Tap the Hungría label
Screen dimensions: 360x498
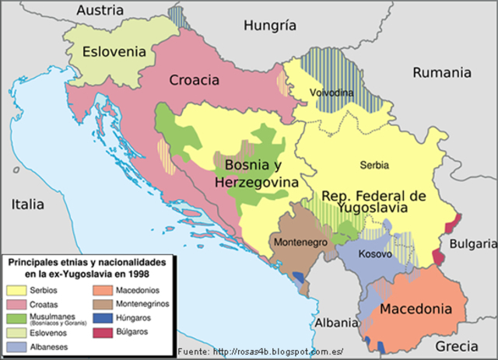point(270,25)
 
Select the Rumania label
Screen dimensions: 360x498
point(441,72)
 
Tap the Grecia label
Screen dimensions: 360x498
point(457,346)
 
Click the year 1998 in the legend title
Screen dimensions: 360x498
point(135,274)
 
